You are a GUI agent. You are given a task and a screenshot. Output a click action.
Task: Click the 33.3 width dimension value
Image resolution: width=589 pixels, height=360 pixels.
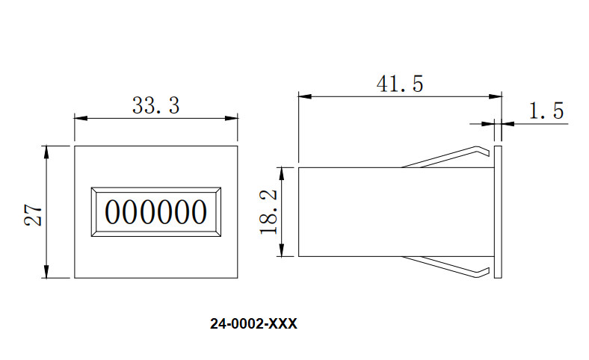[x=155, y=105]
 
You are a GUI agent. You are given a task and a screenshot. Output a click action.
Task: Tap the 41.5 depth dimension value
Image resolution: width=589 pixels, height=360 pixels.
[x=399, y=84]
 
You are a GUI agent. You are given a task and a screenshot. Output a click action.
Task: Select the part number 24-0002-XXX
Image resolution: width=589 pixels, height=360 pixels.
[x=254, y=324]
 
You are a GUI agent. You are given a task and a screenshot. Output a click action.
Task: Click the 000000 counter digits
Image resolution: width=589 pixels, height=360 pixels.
[x=155, y=213]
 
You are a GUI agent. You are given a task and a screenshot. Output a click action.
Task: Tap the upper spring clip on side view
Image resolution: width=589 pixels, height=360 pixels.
[x=448, y=155]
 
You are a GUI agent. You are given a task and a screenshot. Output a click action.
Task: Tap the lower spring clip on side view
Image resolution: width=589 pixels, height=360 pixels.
[x=448, y=267]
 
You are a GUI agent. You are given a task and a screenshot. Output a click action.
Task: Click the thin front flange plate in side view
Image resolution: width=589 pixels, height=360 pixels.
[x=499, y=212]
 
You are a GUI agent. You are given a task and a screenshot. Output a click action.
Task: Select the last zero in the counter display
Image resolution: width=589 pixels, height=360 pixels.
[x=198, y=213]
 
